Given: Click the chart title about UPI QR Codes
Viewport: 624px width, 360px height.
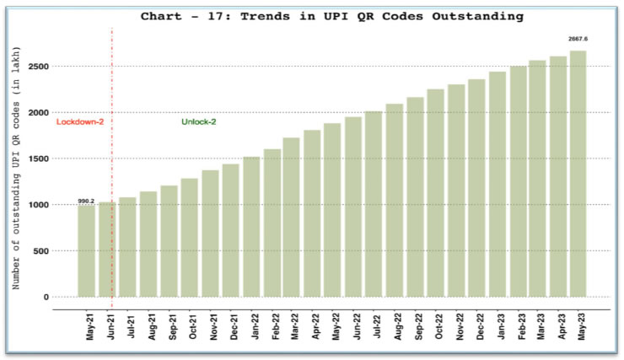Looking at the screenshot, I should [332, 15].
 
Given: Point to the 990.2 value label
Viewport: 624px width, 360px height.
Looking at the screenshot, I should [86, 201].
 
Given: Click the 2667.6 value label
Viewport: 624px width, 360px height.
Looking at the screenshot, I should [578, 39].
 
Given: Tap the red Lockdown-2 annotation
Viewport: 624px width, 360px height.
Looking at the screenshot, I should [78, 122].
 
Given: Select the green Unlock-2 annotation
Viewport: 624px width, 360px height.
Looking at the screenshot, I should [199, 122].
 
